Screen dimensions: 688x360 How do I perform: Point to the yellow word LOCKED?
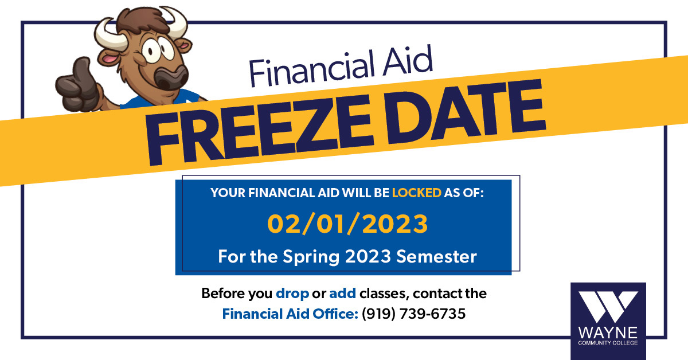tap(417, 193)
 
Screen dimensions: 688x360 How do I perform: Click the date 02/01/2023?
tap(347, 224)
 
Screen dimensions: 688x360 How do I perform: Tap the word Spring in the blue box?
tap(311, 257)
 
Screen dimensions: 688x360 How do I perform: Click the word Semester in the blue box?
tap(436, 256)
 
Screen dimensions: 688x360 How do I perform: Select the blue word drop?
tap(292, 294)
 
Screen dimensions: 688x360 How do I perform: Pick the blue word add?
tap(342, 294)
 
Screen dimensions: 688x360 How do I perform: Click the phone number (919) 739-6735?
tap(413, 314)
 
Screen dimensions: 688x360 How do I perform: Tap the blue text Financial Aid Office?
tap(290, 314)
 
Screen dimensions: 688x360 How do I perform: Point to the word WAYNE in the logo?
tap(608, 333)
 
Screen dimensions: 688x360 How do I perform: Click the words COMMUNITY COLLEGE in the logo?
tap(608, 343)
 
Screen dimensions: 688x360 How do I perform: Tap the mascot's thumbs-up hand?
tap(77, 85)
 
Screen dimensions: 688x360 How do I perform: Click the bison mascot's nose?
tap(171, 77)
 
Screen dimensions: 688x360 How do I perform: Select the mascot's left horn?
tap(110, 34)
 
